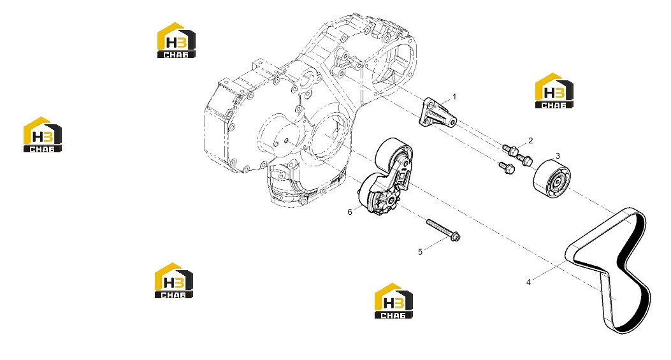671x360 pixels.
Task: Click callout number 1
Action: tap(454, 97)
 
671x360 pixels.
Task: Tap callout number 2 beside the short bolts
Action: tap(531, 140)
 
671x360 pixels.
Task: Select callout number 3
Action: tap(558, 156)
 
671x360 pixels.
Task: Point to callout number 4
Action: tap(528, 282)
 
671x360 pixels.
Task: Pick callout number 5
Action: tap(420, 252)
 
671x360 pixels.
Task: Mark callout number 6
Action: tap(350, 212)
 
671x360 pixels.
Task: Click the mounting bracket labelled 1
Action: tap(437, 113)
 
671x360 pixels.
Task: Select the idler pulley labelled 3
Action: tap(552, 178)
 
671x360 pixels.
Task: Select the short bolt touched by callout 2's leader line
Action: tap(510, 149)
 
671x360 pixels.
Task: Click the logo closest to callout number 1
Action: tap(554, 90)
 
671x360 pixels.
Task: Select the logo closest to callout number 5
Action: tap(394, 301)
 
